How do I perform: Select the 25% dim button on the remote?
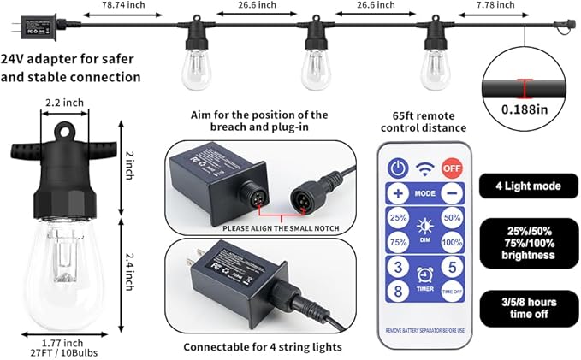[398, 218]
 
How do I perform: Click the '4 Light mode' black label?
[532, 184]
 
